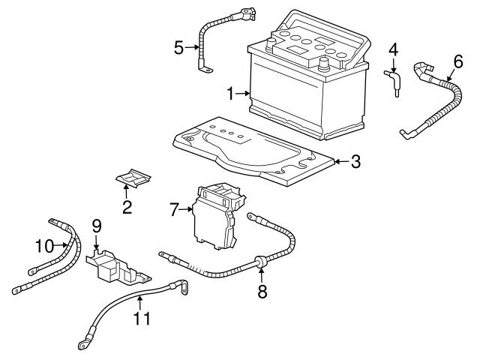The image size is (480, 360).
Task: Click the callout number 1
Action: tap(231, 94)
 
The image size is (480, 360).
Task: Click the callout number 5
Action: tap(178, 48)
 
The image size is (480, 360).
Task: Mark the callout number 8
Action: tap(262, 292)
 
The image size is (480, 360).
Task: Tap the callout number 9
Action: tap(97, 224)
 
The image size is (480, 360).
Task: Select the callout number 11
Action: tap(140, 318)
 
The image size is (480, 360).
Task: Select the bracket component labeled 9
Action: tap(112, 265)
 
